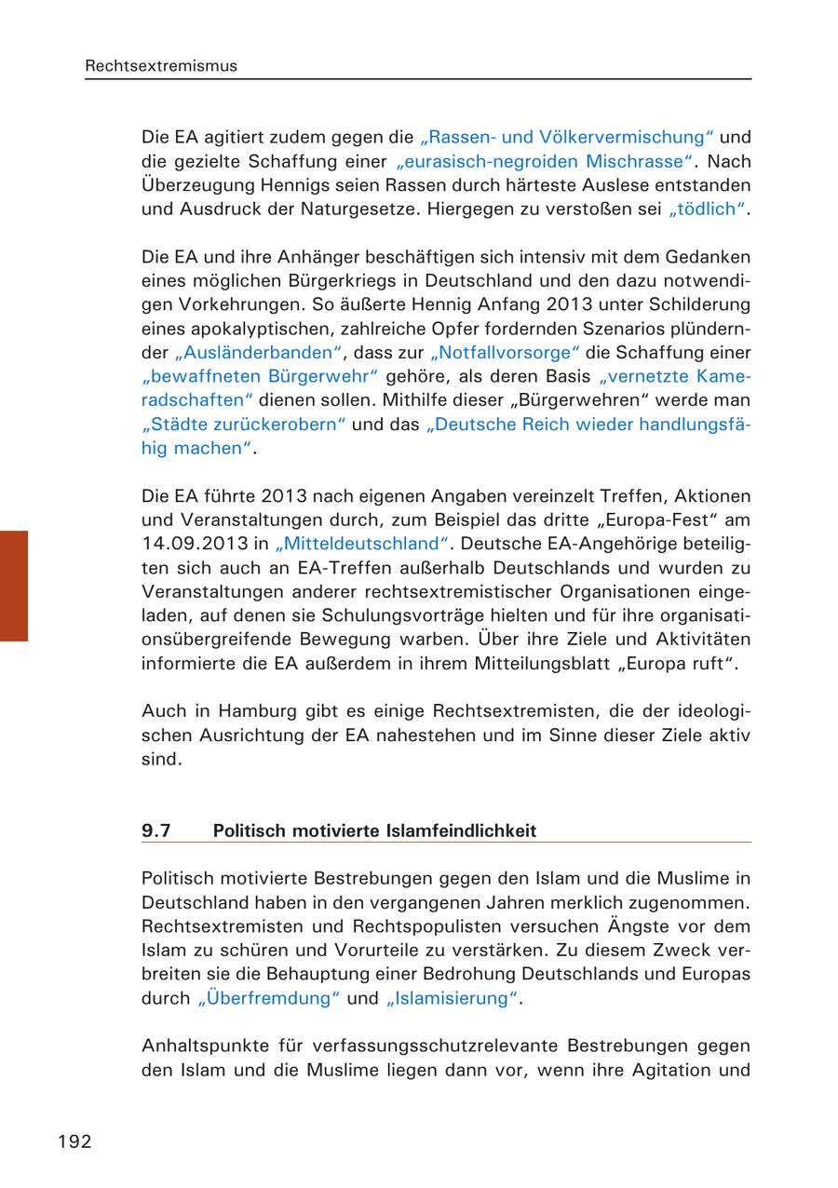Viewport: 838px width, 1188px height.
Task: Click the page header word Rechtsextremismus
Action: [x=161, y=66]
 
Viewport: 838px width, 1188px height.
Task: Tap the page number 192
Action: [x=75, y=1141]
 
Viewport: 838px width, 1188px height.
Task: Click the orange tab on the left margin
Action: [x=14, y=586]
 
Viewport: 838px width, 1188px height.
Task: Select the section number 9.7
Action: [x=156, y=830]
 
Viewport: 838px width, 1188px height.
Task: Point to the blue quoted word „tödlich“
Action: [x=708, y=209]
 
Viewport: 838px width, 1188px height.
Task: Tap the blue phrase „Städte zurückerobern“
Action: [x=244, y=425]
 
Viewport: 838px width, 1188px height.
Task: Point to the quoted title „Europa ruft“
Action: [x=675, y=663]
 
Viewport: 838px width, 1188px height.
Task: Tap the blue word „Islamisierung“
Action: [x=451, y=999]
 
